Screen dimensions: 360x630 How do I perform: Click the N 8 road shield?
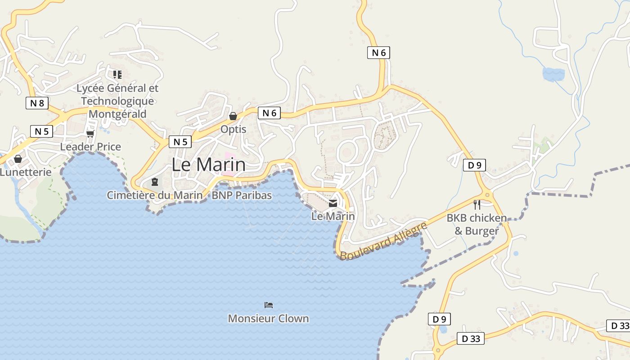click(x=37, y=103)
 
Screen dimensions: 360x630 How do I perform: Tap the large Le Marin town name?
click(x=209, y=165)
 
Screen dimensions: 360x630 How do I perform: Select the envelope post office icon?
click(x=333, y=203)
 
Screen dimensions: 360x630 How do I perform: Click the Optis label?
click(x=233, y=129)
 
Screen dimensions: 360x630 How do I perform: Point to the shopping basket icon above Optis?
click(x=233, y=116)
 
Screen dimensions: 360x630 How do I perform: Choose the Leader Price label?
click(x=90, y=147)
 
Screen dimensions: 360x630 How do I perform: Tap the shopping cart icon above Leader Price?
click(x=90, y=134)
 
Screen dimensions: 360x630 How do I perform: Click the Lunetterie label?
click(x=26, y=172)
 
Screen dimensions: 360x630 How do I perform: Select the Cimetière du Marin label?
click(x=154, y=195)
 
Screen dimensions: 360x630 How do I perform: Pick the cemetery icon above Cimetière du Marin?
click(x=155, y=182)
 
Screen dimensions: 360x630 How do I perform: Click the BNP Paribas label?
click(x=242, y=195)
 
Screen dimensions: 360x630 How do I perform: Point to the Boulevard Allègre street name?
click(x=383, y=241)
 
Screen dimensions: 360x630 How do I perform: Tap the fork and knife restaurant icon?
click(x=477, y=205)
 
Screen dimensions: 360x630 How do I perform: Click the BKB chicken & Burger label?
click(x=477, y=225)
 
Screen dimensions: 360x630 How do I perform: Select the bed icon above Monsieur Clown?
click(x=269, y=305)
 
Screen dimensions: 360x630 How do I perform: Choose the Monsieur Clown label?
click(x=268, y=319)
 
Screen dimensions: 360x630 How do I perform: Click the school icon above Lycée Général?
click(x=117, y=74)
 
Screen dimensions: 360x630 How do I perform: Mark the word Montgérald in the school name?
click(x=117, y=114)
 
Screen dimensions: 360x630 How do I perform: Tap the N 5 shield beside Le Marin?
click(x=180, y=142)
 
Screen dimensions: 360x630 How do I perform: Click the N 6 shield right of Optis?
click(x=269, y=113)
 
